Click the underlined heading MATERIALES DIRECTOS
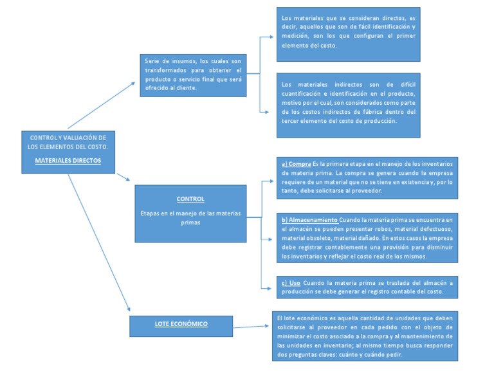tap(68, 160)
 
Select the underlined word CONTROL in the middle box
tap(190, 199)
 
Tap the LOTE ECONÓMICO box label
tap(181, 324)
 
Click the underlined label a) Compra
tap(297, 164)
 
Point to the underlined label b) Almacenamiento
tap(309, 220)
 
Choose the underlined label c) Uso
tap(291, 283)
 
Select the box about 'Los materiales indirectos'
tap(348, 104)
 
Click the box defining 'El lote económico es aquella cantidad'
tap(365, 336)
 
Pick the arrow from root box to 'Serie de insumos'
tap(101, 105)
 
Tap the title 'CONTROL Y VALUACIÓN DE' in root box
tap(68, 137)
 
